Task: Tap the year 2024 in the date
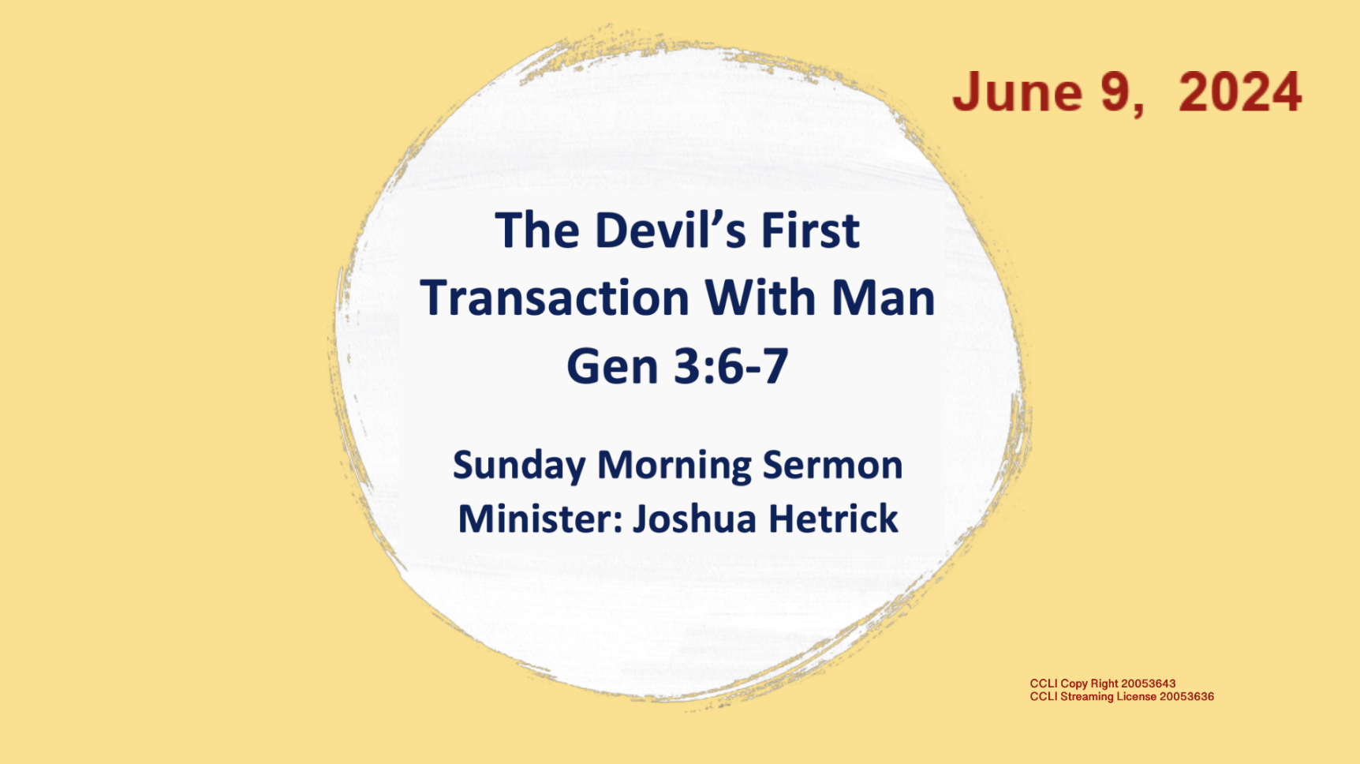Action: point(1239,92)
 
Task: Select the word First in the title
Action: point(809,230)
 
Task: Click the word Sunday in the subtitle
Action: point(519,465)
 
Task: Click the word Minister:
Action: point(540,519)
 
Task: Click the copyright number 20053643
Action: point(1148,683)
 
